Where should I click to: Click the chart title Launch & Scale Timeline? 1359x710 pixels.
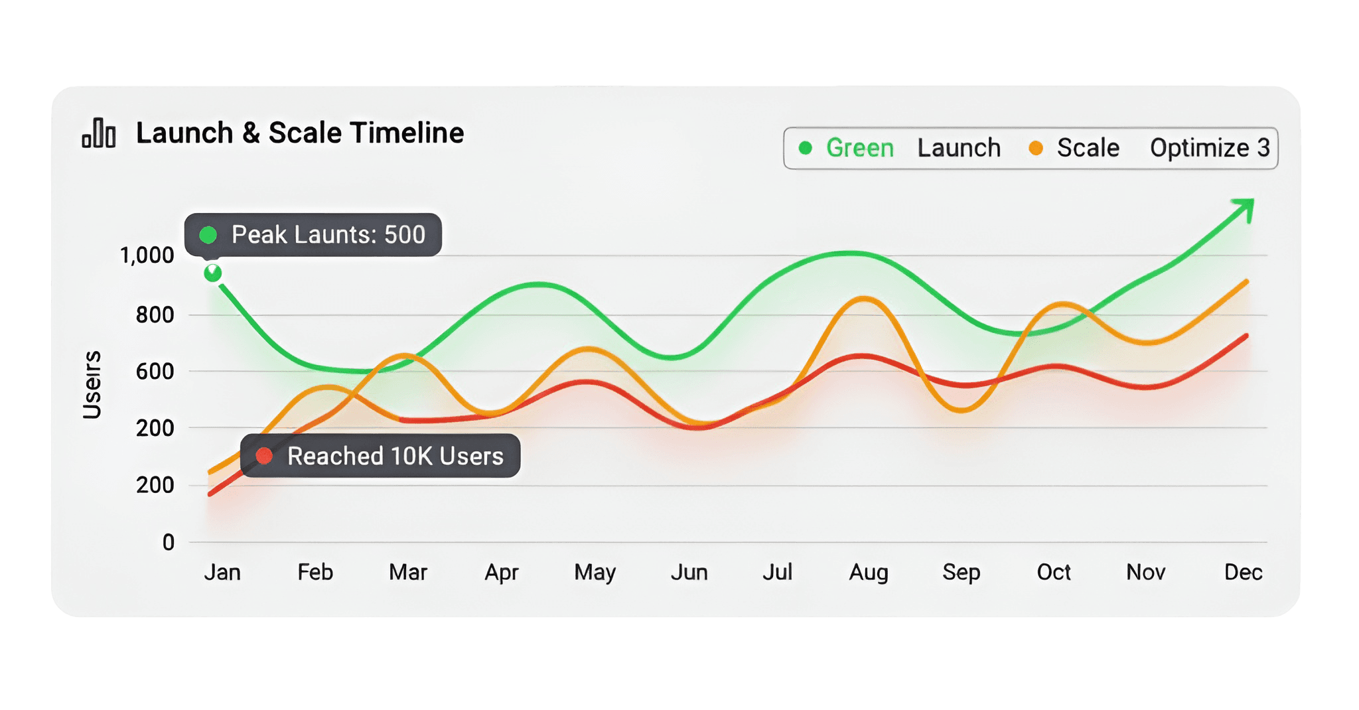tap(299, 133)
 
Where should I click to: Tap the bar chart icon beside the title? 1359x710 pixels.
tap(99, 133)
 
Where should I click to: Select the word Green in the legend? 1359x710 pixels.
tap(859, 148)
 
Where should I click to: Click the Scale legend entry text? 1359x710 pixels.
tap(1088, 148)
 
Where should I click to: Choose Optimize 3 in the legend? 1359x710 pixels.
tap(1209, 148)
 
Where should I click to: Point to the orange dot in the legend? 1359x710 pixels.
tap(1035, 148)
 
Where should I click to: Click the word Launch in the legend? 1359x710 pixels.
tap(959, 148)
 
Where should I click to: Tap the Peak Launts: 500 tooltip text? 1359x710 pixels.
tap(328, 235)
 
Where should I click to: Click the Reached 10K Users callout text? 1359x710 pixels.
tap(395, 457)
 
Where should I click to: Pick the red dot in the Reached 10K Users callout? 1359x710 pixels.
tap(264, 456)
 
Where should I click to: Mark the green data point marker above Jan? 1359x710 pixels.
tap(212, 273)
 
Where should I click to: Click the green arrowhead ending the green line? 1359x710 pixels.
tap(1245, 208)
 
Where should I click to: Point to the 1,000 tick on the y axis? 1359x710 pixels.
tap(147, 255)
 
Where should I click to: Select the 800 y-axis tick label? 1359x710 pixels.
tap(155, 315)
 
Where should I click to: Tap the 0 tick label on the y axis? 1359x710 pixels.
tap(169, 543)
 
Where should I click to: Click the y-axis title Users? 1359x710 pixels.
tap(92, 385)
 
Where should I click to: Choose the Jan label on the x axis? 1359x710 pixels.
tap(222, 572)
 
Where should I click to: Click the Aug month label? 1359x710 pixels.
tap(868, 572)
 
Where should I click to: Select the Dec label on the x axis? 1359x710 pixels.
tap(1243, 572)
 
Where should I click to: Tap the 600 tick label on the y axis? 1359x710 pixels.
tap(155, 372)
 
